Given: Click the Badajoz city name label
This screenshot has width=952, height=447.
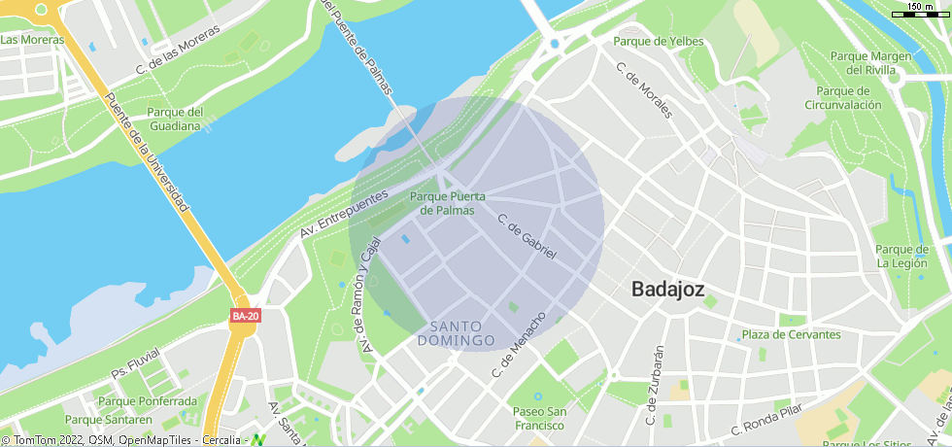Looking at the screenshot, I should (x=667, y=289).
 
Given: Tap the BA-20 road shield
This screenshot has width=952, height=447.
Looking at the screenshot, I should (x=245, y=316).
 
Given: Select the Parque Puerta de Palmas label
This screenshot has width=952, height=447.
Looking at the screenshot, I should (x=448, y=203).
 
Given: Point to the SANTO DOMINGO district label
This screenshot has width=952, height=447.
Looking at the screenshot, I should (x=457, y=333).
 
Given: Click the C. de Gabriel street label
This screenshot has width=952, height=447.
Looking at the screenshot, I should (x=526, y=236).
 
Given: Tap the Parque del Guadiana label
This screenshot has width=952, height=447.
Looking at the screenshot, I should (x=175, y=118).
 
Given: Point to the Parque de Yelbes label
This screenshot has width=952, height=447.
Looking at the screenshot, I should (x=658, y=41).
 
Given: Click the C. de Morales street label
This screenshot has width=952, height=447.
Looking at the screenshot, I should (x=644, y=90).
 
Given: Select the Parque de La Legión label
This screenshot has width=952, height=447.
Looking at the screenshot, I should (x=902, y=256).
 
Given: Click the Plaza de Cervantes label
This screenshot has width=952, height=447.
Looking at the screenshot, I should (x=791, y=334).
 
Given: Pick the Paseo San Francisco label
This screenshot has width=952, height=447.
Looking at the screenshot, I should (x=538, y=418).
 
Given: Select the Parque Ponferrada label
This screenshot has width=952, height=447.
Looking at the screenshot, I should (x=148, y=401).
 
